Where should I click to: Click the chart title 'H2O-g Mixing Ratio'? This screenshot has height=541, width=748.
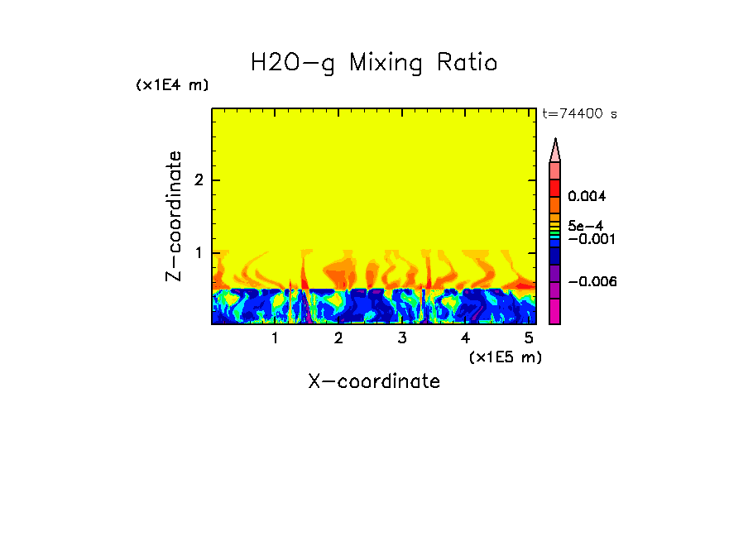click(374, 63)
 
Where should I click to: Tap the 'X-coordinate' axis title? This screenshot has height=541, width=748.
click(374, 381)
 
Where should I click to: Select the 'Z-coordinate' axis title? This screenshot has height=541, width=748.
click(174, 216)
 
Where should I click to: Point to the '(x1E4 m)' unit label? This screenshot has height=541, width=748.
click(172, 85)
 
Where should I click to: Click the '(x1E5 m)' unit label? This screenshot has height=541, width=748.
click(505, 357)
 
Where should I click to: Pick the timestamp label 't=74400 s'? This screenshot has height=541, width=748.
click(579, 114)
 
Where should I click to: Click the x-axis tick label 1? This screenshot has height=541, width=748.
click(275, 338)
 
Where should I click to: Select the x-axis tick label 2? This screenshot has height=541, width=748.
click(338, 338)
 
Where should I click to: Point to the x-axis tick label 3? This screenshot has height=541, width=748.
click(402, 338)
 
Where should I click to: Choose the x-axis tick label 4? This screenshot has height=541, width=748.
click(465, 338)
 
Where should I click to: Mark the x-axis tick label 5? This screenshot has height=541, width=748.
click(528, 338)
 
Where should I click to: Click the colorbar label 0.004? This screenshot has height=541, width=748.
click(587, 197)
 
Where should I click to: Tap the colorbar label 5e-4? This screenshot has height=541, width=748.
click(585, 226)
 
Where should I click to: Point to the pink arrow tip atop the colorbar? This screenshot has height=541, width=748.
click(555, 149)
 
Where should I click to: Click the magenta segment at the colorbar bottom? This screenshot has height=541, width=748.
click(555, 311)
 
